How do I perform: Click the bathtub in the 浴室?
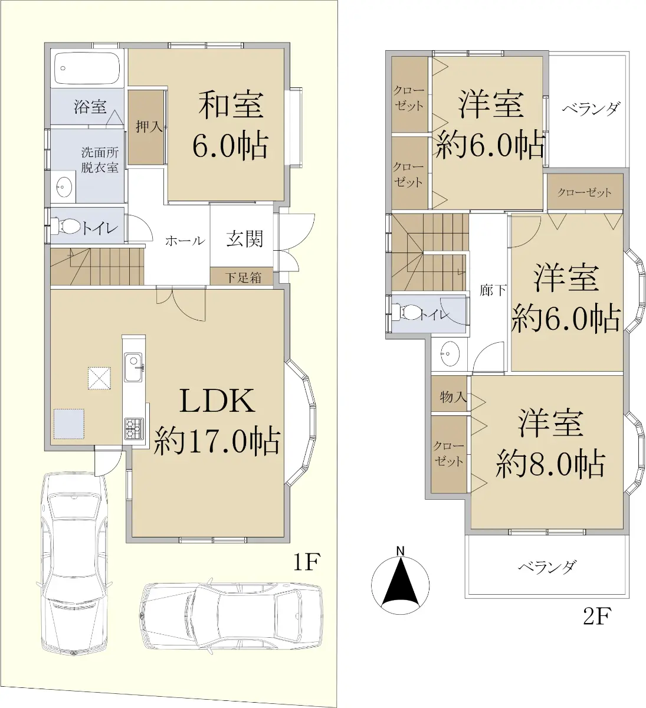(87, 69)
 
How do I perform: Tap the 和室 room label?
(231, 105)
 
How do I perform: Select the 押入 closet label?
(149, 127)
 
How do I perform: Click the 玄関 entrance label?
(245, 238)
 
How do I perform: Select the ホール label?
(185, 241)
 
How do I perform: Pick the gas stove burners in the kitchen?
(134, 429)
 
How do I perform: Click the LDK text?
(217, 401)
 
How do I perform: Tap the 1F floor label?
(307, 562)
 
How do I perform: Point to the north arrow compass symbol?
(401, 584)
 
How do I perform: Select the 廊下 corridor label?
(493, 290)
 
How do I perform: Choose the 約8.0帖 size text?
(550, 464)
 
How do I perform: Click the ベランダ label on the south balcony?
(547, 568)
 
